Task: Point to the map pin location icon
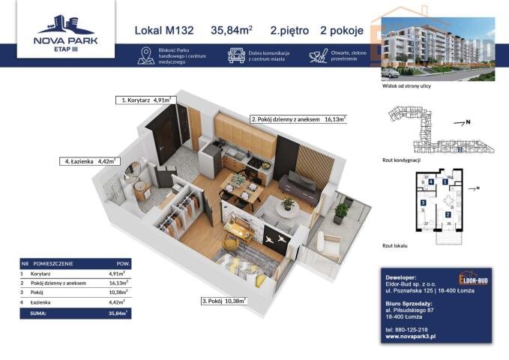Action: click(145, 55)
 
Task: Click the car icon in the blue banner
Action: click(235, 55)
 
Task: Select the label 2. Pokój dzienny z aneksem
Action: click(298, 118)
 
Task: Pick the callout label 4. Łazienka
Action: click(88, 160)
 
